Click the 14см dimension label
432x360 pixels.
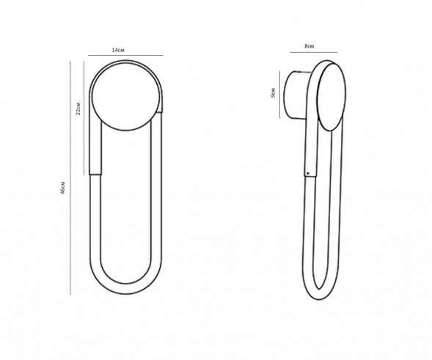pyautogui.click(x=118, y=50)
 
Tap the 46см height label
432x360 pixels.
pyautogui.click(x=63, y=188)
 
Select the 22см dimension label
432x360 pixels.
pyautogui.click(x=78, y=109)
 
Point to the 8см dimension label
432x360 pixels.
pyautogui.click(x=309, y=46)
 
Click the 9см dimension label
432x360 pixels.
pyautogui.click(x=273, y=93)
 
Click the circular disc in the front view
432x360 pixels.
pyautogui.click(x=124, y=97)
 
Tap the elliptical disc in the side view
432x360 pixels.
pyautogui.click(x=331, y=97)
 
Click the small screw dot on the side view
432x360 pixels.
pyautogui.click(x=308, y=173)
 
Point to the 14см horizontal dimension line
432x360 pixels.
pyautogui.click(x=125, y=56)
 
